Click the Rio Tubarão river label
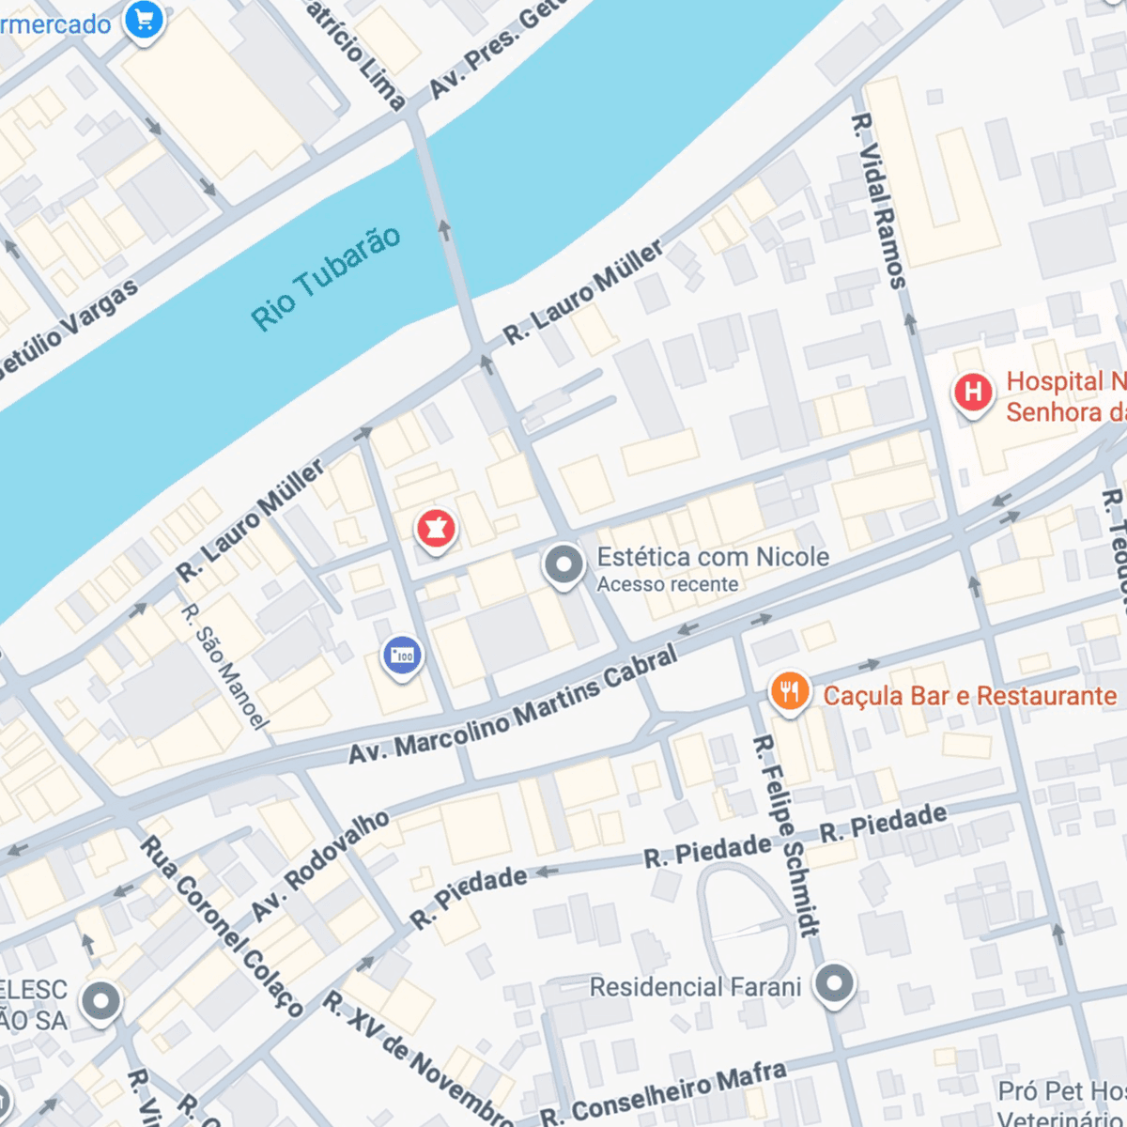(x=326, y=279)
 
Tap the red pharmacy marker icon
(x=435, y=529)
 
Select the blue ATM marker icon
(x=402, y=656)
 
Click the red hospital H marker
(x=973, y=392)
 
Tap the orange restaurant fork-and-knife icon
(x=789, y=693)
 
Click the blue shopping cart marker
(x=144, y=19)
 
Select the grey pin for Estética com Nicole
(x=563, y=565)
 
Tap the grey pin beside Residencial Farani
(x=834, y=984)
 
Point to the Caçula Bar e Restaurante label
(x=969, y=696)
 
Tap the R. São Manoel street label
(x=224, y=667)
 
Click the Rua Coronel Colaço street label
(x=222, y=926)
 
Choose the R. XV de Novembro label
(x=417, y=1058)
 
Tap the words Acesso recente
(x=668, y=584)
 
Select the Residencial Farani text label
(x=695, y=987)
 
